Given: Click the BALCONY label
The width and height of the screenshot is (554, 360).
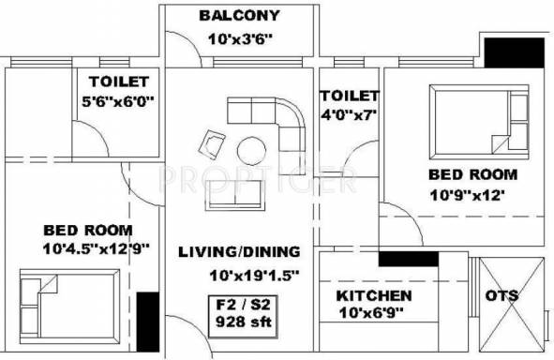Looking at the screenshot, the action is [239, 16].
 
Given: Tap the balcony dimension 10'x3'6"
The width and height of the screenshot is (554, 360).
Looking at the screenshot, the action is [240, 38].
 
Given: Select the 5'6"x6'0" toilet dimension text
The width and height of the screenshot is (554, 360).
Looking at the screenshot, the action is [118, 102].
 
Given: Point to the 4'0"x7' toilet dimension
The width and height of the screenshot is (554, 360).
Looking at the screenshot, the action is [349, 114].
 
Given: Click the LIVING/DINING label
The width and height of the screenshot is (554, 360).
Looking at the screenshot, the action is [239, 252].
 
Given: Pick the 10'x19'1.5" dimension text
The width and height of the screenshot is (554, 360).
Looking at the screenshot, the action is [254, 276].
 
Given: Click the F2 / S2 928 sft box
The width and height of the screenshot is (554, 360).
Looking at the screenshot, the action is [243, 317].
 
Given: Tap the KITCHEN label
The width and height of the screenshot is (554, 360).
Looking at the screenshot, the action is [374, 295].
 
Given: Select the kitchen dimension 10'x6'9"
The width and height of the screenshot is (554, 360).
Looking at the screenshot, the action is [371, 313].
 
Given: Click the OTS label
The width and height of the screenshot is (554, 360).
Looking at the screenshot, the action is [502, 295].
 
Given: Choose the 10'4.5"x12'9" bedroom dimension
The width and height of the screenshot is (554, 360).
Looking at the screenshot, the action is [97, 248].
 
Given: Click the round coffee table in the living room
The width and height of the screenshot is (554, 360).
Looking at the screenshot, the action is [251, 151].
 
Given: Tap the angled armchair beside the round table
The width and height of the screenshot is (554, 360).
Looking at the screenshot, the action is [212, 144].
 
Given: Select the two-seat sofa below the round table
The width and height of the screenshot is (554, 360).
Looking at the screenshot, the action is [235, 195].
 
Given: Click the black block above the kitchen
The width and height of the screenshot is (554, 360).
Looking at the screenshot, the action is [409, 259].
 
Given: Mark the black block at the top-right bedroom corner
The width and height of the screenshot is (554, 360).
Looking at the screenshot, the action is [514, 52].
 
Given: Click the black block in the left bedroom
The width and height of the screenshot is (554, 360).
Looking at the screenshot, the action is [148, 322].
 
